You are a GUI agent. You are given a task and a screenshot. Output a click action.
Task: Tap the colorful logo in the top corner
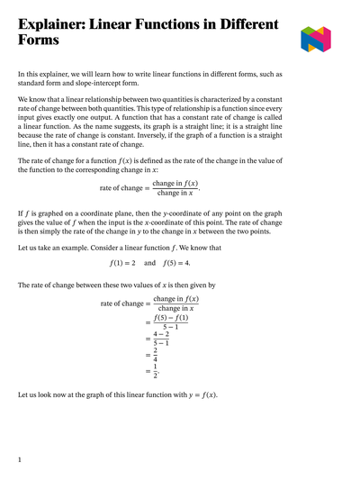click(x=317, y=39)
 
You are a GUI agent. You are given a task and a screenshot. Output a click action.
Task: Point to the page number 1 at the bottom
click(x=20, y=459)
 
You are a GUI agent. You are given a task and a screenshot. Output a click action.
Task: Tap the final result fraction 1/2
click(x=157, y=370)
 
